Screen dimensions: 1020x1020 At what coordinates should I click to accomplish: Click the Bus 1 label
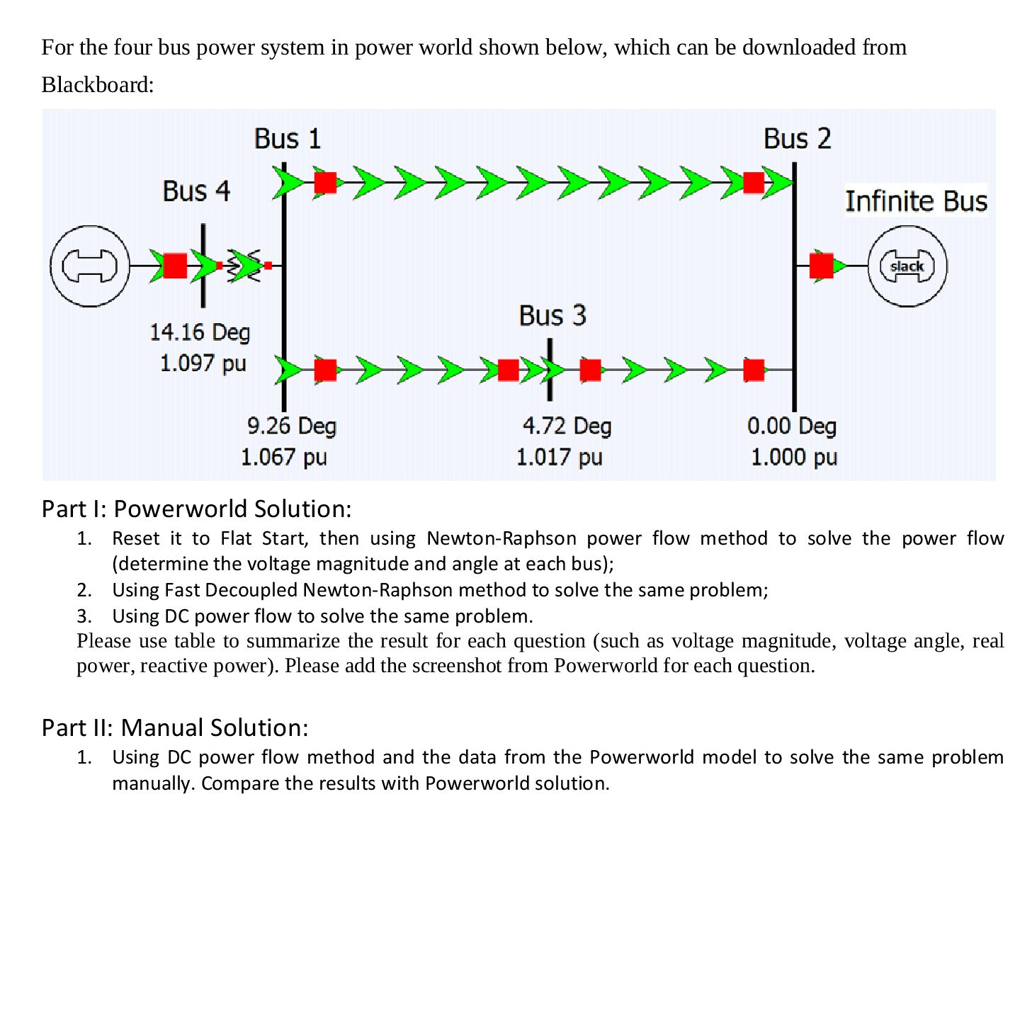pos(288,139)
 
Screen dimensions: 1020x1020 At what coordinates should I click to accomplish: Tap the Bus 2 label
pos(797,139)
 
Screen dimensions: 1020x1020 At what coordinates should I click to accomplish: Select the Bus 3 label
pos(552,315)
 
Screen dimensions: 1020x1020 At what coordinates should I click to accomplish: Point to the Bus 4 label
pos(196,191)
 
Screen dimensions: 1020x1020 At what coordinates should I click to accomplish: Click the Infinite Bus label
pos(916,201)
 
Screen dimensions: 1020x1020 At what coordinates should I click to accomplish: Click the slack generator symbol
pos(907,266)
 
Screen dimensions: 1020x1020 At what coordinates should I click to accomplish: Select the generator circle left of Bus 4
pos(89,266)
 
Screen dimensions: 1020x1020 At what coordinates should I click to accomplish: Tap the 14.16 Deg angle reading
pos(200,332)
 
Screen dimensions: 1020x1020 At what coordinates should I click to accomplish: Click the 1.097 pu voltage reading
pos(203,363)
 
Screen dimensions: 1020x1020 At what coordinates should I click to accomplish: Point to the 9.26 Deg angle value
pos(291,426)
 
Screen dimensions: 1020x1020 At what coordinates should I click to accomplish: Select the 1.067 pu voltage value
pos(283,457)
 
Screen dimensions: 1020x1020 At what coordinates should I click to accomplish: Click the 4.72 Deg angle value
pos(567,426)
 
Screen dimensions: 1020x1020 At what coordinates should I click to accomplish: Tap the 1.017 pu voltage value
pos(559,457)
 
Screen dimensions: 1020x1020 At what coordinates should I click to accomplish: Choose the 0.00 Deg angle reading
pos(791,426)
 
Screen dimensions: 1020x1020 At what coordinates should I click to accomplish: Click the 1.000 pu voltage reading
pos(793,457)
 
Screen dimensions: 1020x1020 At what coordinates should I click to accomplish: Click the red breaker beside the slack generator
pos(821,266)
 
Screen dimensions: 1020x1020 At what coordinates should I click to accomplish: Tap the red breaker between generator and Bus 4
pos(175,266)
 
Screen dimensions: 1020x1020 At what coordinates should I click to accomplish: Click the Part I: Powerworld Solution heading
pos(196,509)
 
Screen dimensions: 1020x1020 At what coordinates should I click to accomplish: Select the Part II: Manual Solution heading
pos(175,727)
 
